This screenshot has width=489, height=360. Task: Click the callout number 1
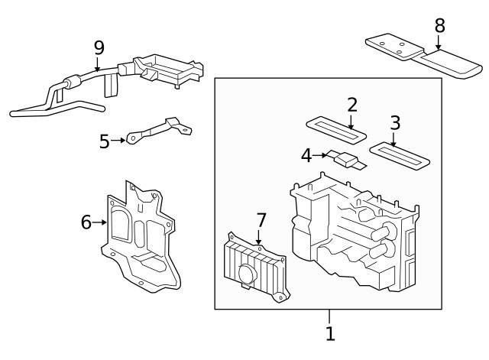click(x=330, y=333)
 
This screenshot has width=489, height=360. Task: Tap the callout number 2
click(x=351, y=105)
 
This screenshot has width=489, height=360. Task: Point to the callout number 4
click(x=306, y=155)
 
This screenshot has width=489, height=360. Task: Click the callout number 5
click(x=105, y=141)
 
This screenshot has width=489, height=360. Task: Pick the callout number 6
click(x=86, y=222)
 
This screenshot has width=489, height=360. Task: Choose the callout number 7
click(x=261, y=221)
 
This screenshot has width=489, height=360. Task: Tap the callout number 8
click(x=439, y=25)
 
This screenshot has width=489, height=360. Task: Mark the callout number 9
click(x=99, y=48)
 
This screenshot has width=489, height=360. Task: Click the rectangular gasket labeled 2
click(x=333, y=127)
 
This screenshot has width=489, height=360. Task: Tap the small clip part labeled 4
click(x=348, y=160)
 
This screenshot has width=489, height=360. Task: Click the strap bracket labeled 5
click(x=157, y=130)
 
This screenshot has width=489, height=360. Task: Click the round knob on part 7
click(x=247, y=274)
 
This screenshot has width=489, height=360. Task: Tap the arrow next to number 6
click(x=101, y=222)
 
